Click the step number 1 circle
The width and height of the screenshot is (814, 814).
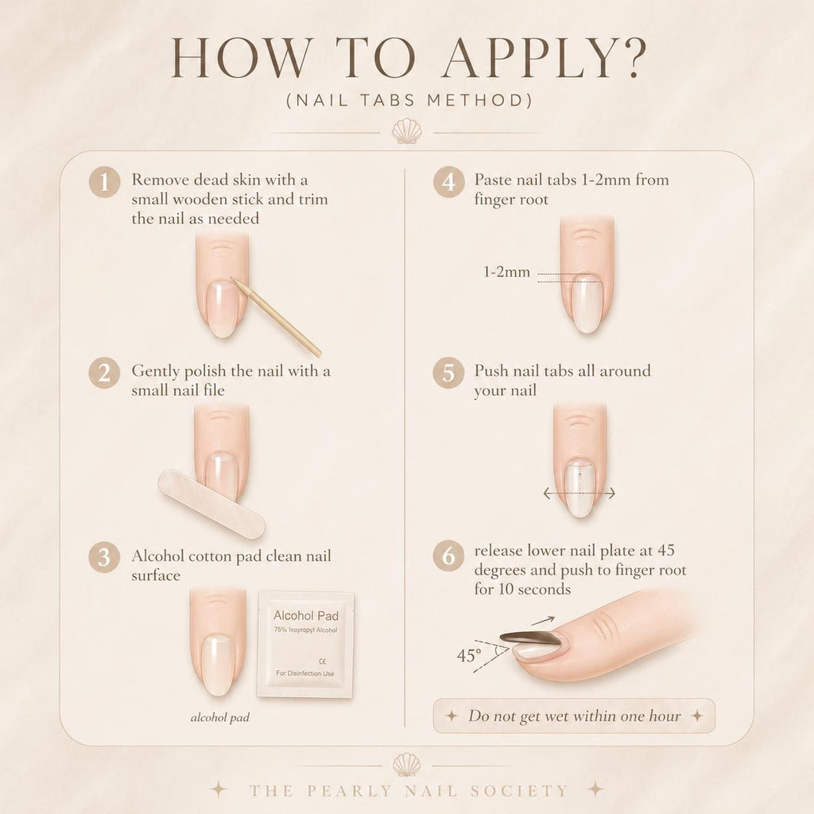104,182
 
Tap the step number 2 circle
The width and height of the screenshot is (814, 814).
104,373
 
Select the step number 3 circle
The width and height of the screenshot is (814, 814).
104,557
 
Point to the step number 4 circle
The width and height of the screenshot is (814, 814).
448,182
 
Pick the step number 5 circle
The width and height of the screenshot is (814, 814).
448,373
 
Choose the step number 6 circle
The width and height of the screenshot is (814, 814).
448,556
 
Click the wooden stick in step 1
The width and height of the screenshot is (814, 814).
276,316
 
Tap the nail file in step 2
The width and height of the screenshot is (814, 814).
211,502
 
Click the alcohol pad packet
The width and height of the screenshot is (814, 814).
306,644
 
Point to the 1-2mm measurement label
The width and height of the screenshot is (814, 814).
506,272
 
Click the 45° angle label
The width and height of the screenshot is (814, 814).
469,656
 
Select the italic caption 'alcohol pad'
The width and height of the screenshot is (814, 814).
220,718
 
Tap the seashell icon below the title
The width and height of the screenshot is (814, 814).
406,131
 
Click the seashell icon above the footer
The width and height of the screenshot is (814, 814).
406,766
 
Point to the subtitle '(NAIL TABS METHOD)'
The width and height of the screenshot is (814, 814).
409,99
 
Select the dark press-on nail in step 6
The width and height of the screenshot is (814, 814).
530,638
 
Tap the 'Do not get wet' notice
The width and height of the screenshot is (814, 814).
574,716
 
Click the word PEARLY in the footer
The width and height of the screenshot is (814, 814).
349,791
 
